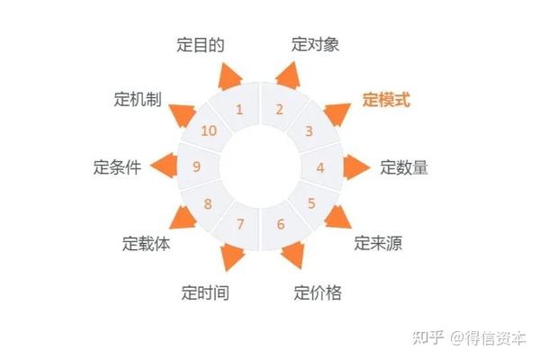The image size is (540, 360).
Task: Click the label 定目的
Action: (200, 44)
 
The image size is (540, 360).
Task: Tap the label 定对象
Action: (315, 43)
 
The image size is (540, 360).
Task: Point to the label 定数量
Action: (403, 166)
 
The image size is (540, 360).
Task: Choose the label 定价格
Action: (318, 292)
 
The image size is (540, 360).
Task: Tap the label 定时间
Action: (204, 292)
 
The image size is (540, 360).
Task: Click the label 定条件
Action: (117, 167)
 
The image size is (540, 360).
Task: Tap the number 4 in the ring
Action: (319, 166)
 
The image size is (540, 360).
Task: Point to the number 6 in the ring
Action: (281, 224)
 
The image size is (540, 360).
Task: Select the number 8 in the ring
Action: (208, 203)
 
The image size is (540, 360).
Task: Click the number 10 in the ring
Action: (209, 131)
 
